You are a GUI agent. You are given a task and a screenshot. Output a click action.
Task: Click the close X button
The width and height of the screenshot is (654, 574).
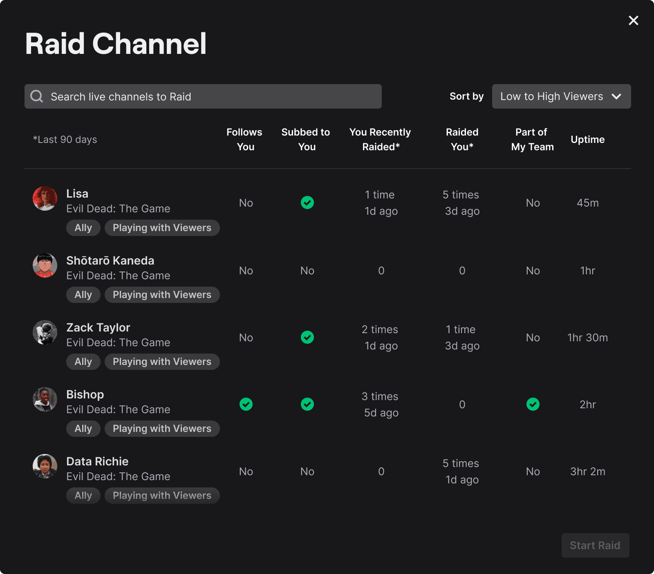pos(633,20)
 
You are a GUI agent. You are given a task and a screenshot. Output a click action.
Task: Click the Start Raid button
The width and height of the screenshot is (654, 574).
pos(595,545)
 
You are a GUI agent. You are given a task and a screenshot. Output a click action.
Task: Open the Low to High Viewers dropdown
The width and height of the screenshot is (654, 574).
pos(561,96)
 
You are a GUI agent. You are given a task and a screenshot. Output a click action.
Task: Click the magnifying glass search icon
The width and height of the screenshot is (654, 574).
pos(37,96)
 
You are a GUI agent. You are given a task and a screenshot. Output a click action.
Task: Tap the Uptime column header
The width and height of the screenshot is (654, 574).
pos(587,140)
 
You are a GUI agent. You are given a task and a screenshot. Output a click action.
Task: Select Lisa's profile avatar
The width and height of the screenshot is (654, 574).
pos(45,198)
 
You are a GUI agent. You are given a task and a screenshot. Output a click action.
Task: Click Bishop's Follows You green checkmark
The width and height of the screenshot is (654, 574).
pos(246,404)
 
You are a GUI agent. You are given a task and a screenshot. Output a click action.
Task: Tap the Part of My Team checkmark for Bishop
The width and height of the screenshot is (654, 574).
pos(533,404)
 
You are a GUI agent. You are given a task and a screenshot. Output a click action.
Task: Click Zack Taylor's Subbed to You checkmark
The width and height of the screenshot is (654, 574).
pos(307,337)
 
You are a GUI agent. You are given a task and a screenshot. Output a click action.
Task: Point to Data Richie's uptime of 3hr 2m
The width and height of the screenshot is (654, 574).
pos(588,472)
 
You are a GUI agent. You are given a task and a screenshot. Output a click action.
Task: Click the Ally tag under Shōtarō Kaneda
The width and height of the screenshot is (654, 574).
pos(83,295)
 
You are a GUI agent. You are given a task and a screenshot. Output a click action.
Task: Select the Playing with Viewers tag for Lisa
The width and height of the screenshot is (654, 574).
pos(162,228)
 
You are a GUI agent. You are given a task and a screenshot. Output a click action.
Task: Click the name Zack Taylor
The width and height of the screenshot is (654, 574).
pos(99,328)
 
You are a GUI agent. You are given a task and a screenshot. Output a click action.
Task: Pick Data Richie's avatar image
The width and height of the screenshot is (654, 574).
pos(45,466)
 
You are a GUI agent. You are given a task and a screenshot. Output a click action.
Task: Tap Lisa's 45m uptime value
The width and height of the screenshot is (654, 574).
pos(588,203)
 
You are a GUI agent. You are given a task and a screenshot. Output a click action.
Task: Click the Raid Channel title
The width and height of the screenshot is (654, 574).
pos(116,44)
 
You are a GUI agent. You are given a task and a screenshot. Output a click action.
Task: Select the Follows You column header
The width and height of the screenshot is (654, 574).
pos(244,140)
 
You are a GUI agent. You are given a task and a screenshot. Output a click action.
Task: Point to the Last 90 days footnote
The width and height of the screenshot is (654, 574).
pos(65,140)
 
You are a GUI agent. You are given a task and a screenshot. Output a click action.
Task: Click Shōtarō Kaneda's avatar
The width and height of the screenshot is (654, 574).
pos(45,265)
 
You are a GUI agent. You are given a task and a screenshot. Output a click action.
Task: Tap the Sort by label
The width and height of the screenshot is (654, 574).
pos(466,96)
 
